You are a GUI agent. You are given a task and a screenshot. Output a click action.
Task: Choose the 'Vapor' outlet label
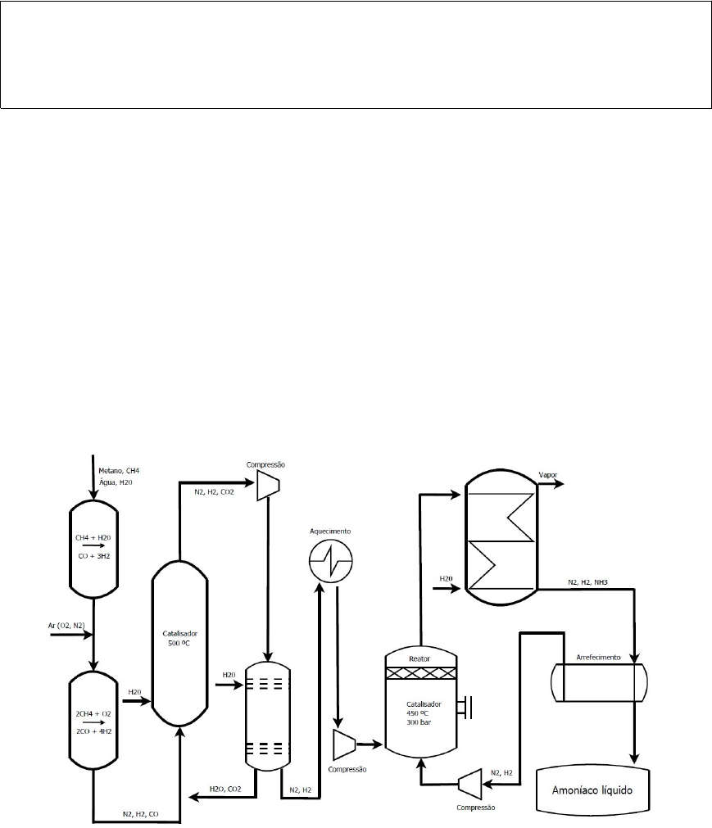point(549,475)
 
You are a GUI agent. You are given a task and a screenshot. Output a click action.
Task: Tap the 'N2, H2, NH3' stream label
point(592,583)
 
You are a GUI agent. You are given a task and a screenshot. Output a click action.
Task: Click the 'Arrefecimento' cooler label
point(598,657)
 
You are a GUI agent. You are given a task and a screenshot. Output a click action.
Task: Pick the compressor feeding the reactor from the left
point(343,744)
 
